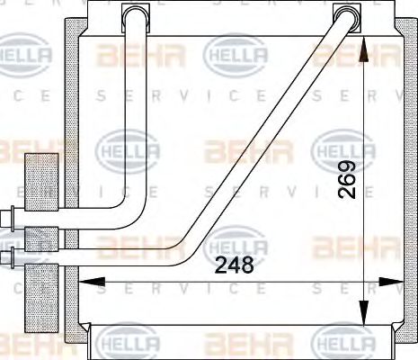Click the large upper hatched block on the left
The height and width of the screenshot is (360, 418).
point(40,180)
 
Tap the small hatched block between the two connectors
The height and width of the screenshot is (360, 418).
point(39,239)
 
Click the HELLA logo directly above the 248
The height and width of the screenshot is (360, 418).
point(237,242)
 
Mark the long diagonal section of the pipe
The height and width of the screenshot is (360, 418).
point(270,135)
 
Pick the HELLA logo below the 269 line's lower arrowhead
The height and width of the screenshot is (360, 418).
point(342,345)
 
